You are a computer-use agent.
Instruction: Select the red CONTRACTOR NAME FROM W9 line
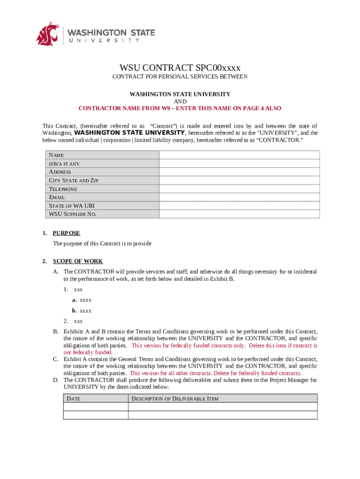click(180, 108)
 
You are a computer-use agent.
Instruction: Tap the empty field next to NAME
click(239, 155)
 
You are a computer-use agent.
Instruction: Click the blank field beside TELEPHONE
click(239, 189)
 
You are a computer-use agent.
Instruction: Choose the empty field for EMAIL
click(239, 197)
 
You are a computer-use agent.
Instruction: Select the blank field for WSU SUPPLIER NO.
click(239, 214)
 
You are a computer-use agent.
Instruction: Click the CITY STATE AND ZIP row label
click(74, 181)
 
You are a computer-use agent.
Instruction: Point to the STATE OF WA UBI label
click(72, 206)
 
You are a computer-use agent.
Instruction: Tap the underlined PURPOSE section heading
click(66, 233)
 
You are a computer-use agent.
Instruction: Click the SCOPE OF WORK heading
click(78, 261)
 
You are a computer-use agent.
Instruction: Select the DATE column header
click(73, 399)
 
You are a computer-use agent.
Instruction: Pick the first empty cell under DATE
click(95, 407)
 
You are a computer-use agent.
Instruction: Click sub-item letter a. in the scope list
click(74, 300)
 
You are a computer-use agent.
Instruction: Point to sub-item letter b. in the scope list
click(74, 311)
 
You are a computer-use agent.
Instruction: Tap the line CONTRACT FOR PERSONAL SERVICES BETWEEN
click(180, 77)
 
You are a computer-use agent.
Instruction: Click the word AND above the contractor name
click(180, 102)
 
